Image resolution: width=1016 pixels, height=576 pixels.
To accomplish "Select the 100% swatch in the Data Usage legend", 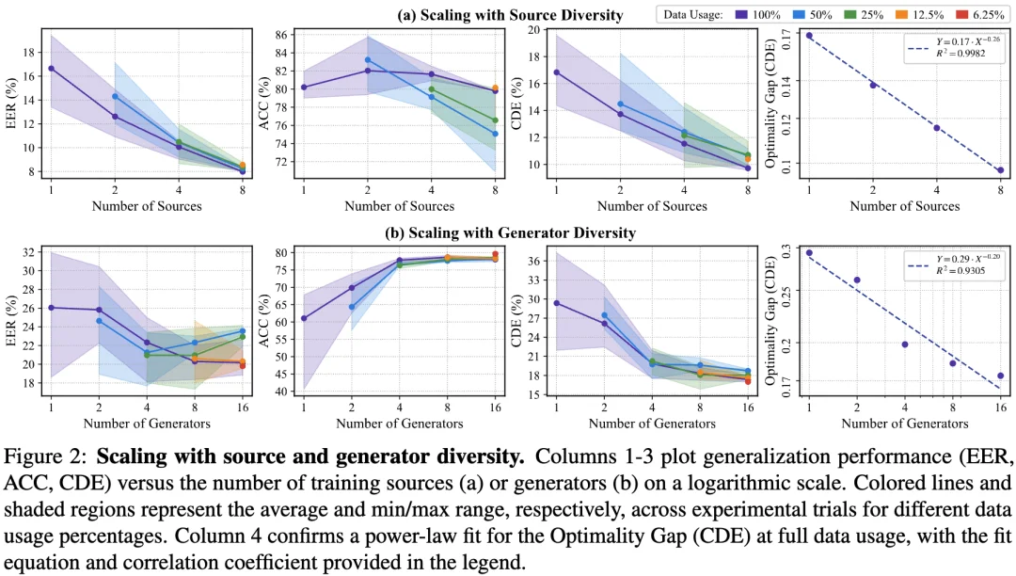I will pos(741,15).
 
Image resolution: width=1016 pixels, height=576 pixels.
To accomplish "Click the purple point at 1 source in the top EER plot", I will pos(51,69).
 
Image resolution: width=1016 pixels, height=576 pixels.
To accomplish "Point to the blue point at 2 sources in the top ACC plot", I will pos(368,60).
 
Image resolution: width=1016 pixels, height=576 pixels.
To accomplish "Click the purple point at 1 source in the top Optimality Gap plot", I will pos(809,36).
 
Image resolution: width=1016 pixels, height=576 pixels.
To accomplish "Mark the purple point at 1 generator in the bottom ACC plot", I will pos(304,318).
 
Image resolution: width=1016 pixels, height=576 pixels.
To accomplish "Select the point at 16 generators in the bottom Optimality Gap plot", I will pos(1000,376).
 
